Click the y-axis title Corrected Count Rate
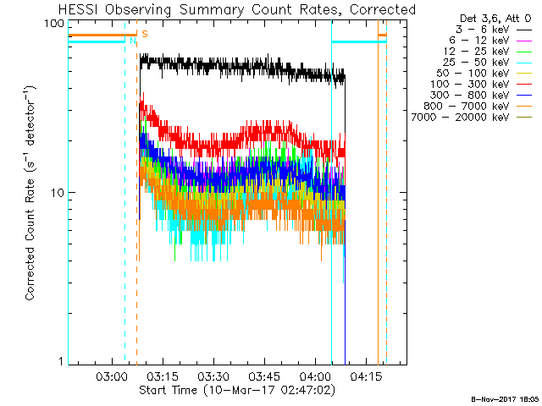coord(30,193)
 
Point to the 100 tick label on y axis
coord(54,23)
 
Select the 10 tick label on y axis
coord(57,192)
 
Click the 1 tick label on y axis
coord(60,361)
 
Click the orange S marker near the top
coord(144,34)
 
